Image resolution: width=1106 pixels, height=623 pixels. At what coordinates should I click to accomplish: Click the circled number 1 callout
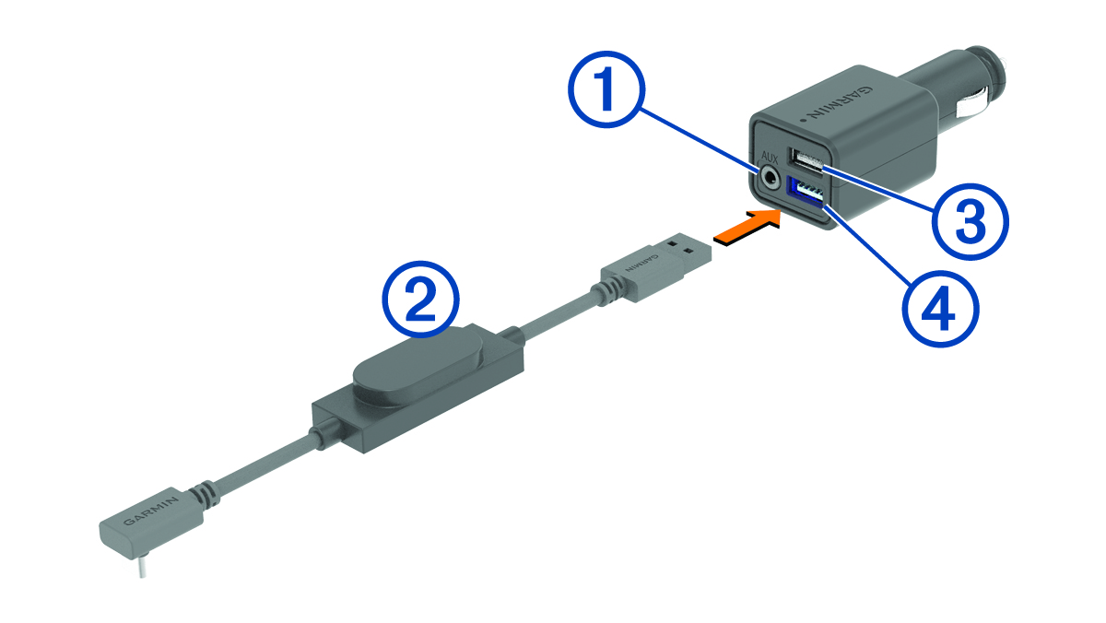click(606, 89)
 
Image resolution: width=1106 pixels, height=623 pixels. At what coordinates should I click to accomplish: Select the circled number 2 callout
click(420, 300)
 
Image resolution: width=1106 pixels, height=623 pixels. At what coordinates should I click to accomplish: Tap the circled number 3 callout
click(971, 222)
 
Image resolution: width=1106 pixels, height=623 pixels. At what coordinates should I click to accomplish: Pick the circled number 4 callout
click(941, 309)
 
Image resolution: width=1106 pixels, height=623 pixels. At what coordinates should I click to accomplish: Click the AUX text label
click(770, 158)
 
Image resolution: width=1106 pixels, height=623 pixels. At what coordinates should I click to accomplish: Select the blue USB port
click(805, 194)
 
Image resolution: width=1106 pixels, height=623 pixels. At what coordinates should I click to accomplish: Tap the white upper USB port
click(806, 161)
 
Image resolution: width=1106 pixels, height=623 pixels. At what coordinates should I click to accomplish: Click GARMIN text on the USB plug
click(641, 264)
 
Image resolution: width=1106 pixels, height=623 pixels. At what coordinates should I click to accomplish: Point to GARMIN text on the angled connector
click(150, 511)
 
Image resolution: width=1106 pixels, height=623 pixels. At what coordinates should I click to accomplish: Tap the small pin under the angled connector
click(143, 567)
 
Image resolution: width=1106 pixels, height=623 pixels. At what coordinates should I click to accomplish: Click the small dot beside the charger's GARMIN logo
click(802, 120)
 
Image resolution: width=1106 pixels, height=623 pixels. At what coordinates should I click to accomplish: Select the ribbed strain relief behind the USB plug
click(606, 291)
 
